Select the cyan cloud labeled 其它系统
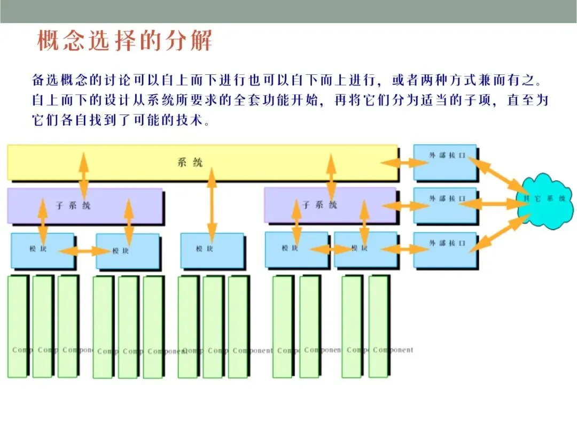(x=544, y=200)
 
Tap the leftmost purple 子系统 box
(x=84, y=205)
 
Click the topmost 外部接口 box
(x=445, y=162)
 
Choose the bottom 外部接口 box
(x=445, y=250)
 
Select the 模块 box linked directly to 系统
(x=212, y=250)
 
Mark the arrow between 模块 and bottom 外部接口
(x=406, y=249)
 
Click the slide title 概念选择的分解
(x=124, y=41)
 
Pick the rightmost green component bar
(x=378, y=326)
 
